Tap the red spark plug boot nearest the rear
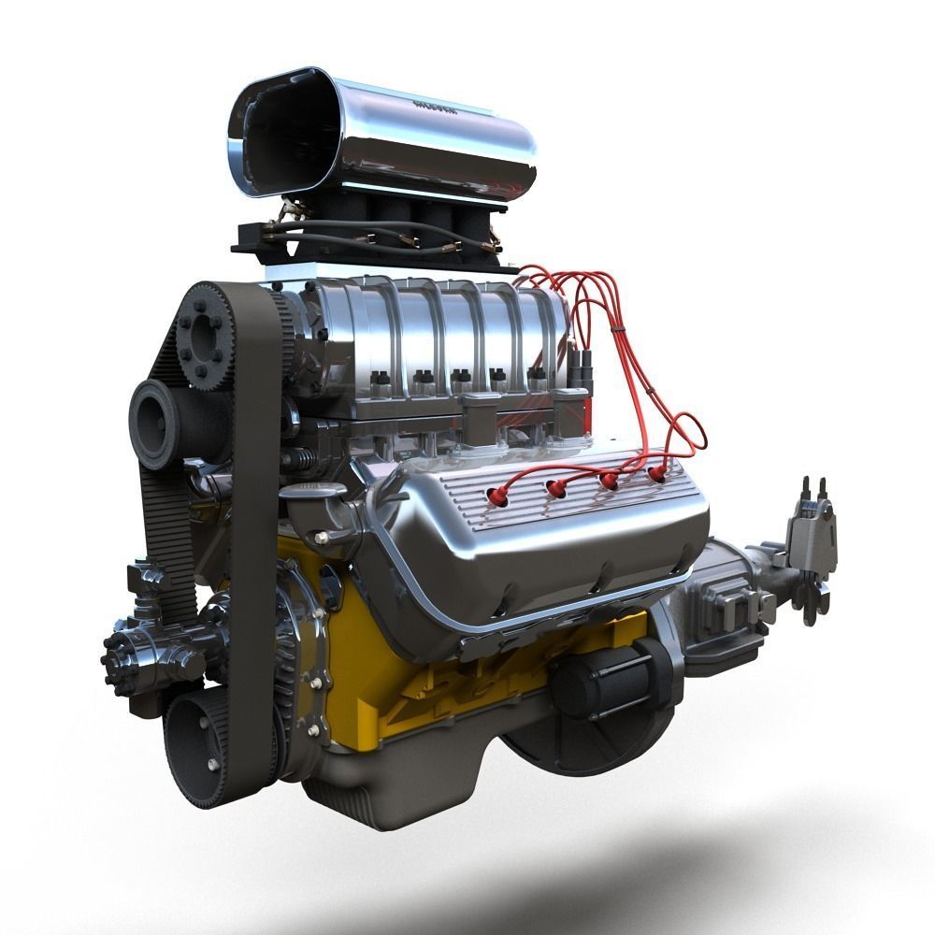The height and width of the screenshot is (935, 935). coord(657,474)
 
